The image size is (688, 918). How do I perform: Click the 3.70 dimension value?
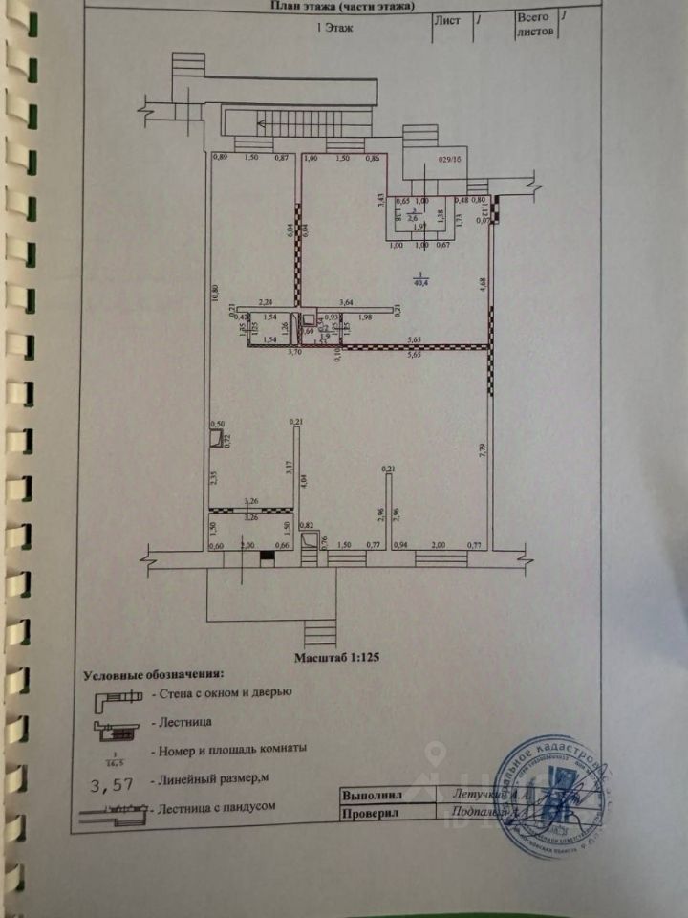[268, 352]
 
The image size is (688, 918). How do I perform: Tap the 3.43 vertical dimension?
[381, 201]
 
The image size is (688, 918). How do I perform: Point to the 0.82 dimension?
[308, 526]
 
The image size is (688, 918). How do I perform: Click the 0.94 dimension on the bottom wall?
[401, 545]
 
